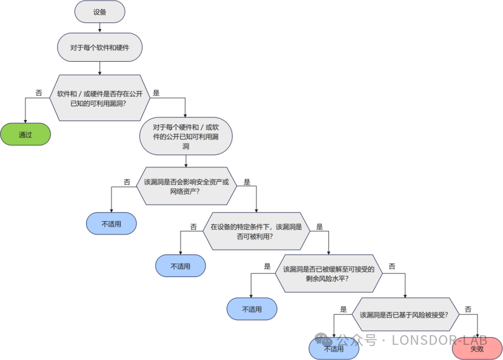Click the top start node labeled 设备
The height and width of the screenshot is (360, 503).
100,12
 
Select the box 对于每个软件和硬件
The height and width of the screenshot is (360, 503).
100,47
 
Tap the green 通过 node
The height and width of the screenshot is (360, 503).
25,134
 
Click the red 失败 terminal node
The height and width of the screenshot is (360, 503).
477,348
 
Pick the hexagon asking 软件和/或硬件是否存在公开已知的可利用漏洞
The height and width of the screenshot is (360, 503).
100,98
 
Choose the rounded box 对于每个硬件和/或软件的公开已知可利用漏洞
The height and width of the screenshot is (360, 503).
185,136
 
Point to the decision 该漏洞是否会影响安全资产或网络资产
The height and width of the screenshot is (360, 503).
187,186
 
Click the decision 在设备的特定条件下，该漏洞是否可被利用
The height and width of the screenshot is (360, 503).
256,231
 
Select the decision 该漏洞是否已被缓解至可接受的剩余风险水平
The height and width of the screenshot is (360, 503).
329,273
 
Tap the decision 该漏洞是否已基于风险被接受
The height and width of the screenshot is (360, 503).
405,315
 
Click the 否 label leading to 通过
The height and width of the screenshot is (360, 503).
39,93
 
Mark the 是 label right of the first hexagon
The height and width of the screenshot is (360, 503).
156,93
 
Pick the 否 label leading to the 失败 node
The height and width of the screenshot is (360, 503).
468,309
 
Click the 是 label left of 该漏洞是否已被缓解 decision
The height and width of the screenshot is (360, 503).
267,266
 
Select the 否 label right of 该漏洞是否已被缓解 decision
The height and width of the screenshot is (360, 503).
392,266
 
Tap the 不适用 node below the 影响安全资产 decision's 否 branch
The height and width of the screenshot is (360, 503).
112,223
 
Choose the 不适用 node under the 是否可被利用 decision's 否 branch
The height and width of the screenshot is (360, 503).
181,265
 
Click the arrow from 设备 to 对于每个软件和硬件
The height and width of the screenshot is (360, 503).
100,28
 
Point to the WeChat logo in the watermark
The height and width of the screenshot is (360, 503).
324,339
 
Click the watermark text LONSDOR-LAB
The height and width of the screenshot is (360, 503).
439,340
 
